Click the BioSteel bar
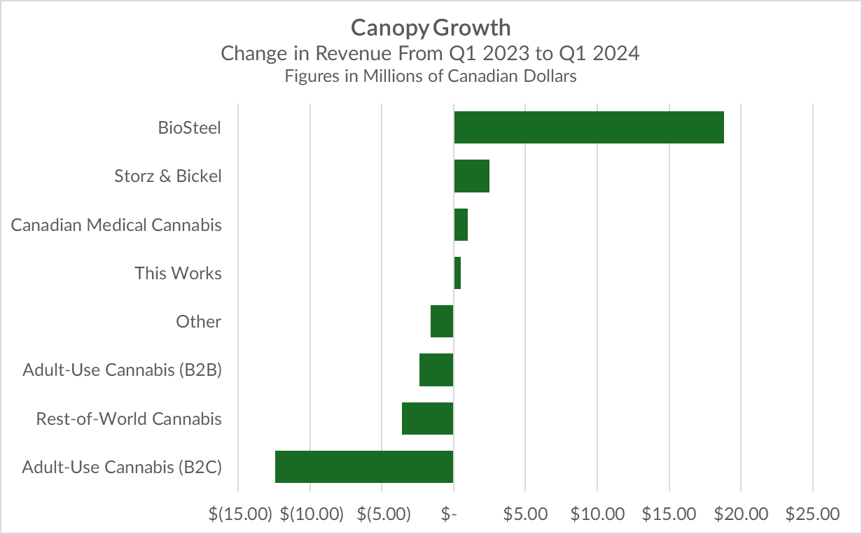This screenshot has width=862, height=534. point(588,127)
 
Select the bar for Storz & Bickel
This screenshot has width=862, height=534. point(471,176)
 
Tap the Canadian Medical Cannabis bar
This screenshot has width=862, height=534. point(461,225)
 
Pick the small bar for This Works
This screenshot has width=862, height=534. point(457,273)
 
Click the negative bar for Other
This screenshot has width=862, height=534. point(442,321)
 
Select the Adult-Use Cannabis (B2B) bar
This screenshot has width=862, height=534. point(436,370)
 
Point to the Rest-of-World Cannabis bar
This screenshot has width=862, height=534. point(427,419)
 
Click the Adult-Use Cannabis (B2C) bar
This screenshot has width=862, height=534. point(364,467)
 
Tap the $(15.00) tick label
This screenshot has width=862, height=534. point(240,514)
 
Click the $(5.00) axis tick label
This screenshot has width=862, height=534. point(384,514)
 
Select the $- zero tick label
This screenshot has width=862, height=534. point(450,514)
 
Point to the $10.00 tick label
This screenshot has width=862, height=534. point(597,514)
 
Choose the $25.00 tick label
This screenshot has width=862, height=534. point(812,514)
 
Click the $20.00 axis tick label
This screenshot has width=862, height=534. point(741,514)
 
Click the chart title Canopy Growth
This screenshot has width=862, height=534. point(431,28)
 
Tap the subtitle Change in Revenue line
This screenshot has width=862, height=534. point(431,53)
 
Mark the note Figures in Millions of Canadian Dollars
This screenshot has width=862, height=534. point(431,76)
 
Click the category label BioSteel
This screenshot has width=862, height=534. point(190,128)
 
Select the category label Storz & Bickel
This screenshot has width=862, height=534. point(168,176)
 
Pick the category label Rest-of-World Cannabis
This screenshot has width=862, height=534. point(129,419)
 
